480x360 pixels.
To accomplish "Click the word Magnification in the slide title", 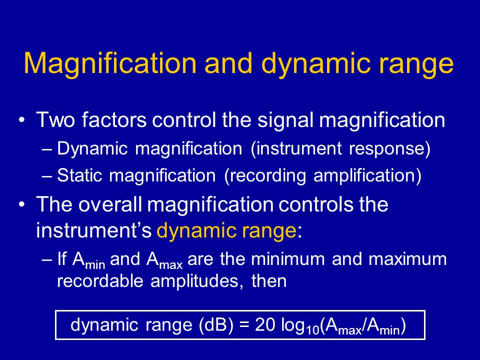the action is coord(110,64).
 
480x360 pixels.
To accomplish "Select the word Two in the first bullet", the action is coord(55,119).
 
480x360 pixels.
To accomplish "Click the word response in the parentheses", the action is coord(389,149).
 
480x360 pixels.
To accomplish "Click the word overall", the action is coord(110,204).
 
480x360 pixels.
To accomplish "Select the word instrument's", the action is coord(93,230).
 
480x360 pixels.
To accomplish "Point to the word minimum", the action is coord(288,259).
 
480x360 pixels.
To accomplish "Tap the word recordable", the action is coord(100,280).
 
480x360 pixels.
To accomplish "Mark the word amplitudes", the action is coord(194,281).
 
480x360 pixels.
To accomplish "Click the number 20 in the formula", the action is coord(265,325).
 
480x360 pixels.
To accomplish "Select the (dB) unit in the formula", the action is coord(216,325).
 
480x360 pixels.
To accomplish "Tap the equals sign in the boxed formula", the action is coord(244,325).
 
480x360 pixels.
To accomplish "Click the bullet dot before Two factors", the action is coord(21,120).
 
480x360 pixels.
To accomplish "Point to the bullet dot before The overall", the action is coord(21,204).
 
